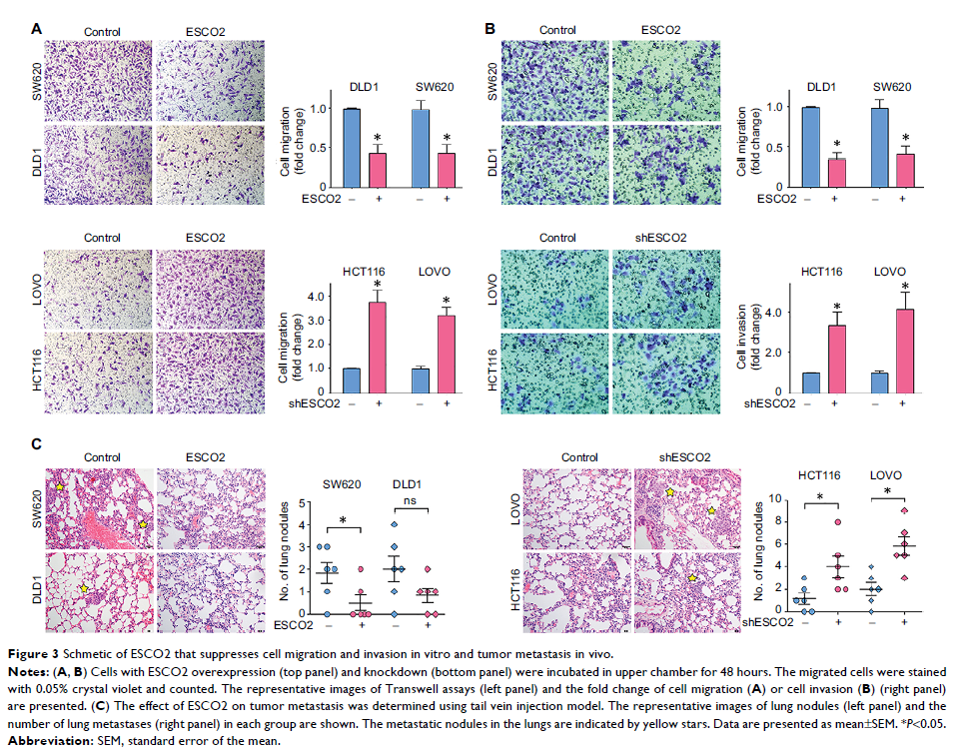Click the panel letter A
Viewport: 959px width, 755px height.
point(37,30)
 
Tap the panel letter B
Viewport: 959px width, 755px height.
point(489,30)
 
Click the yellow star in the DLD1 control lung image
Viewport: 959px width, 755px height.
point(87,591)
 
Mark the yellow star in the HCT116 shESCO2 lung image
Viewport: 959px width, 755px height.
point(691,577)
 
